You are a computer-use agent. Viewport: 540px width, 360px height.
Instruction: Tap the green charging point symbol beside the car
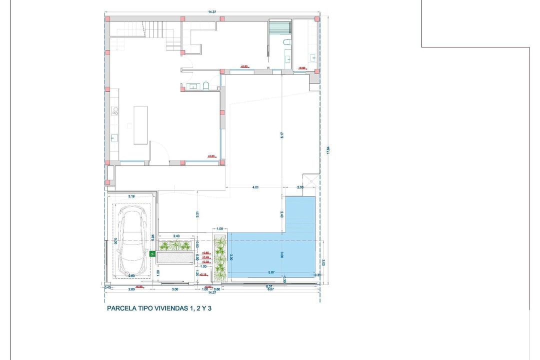[152, 254]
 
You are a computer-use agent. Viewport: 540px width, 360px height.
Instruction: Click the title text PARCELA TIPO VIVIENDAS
[159, 308]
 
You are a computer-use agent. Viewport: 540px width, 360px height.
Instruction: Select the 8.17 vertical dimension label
[282, 135]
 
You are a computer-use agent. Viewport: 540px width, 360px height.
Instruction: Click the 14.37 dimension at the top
[212, 11]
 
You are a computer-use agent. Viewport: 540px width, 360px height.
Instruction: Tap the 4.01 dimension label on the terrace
[255, 187]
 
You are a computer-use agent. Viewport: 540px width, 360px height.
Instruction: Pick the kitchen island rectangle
[140, 124]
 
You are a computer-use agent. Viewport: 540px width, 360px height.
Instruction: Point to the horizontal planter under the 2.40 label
[175, 245]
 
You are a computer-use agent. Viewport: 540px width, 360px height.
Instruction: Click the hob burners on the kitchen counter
[114, 110]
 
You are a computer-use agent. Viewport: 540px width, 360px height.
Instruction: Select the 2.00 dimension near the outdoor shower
[300, 187]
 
